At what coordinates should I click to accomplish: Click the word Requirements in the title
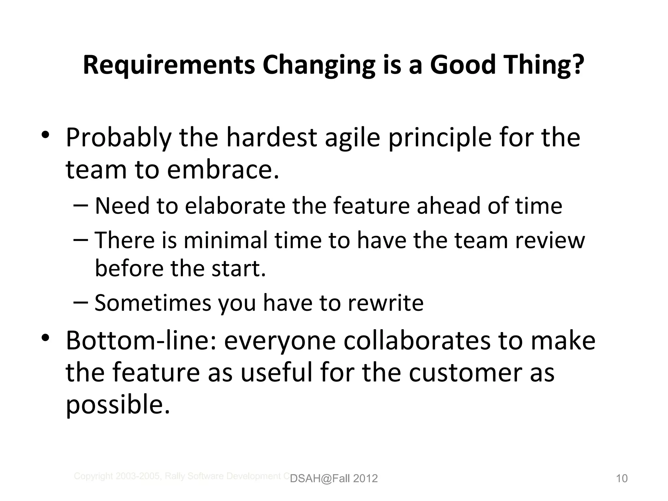coord(169,65)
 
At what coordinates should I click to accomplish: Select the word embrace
coord(223,170)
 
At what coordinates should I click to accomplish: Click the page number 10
coord(622,478)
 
